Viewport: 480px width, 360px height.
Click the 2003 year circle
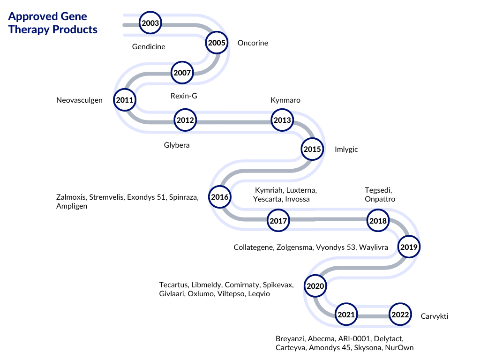pos(150,23)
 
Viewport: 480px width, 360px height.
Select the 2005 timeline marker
pos(217,43)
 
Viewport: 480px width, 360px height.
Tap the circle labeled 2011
pos(125,100)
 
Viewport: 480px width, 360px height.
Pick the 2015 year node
pos(312,149)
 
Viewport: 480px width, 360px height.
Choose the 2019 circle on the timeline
pos(409,247)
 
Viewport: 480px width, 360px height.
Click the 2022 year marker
pos(400,315)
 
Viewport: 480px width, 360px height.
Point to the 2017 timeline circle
pos(278,220)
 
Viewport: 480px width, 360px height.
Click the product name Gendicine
pos(149,46)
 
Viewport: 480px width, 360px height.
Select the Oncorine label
pos(253,43)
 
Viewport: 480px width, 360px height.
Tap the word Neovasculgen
pos(79,100)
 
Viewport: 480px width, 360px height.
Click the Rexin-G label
pos(184,96)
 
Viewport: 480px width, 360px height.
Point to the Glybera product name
pos(177,145)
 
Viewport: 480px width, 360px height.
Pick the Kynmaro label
pos(285,100)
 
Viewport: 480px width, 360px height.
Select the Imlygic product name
pos(346,150)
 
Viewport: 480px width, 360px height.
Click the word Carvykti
pos(435,316)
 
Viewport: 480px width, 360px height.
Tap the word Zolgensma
pos(295,247)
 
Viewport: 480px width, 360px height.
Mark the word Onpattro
pos(380,199)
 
